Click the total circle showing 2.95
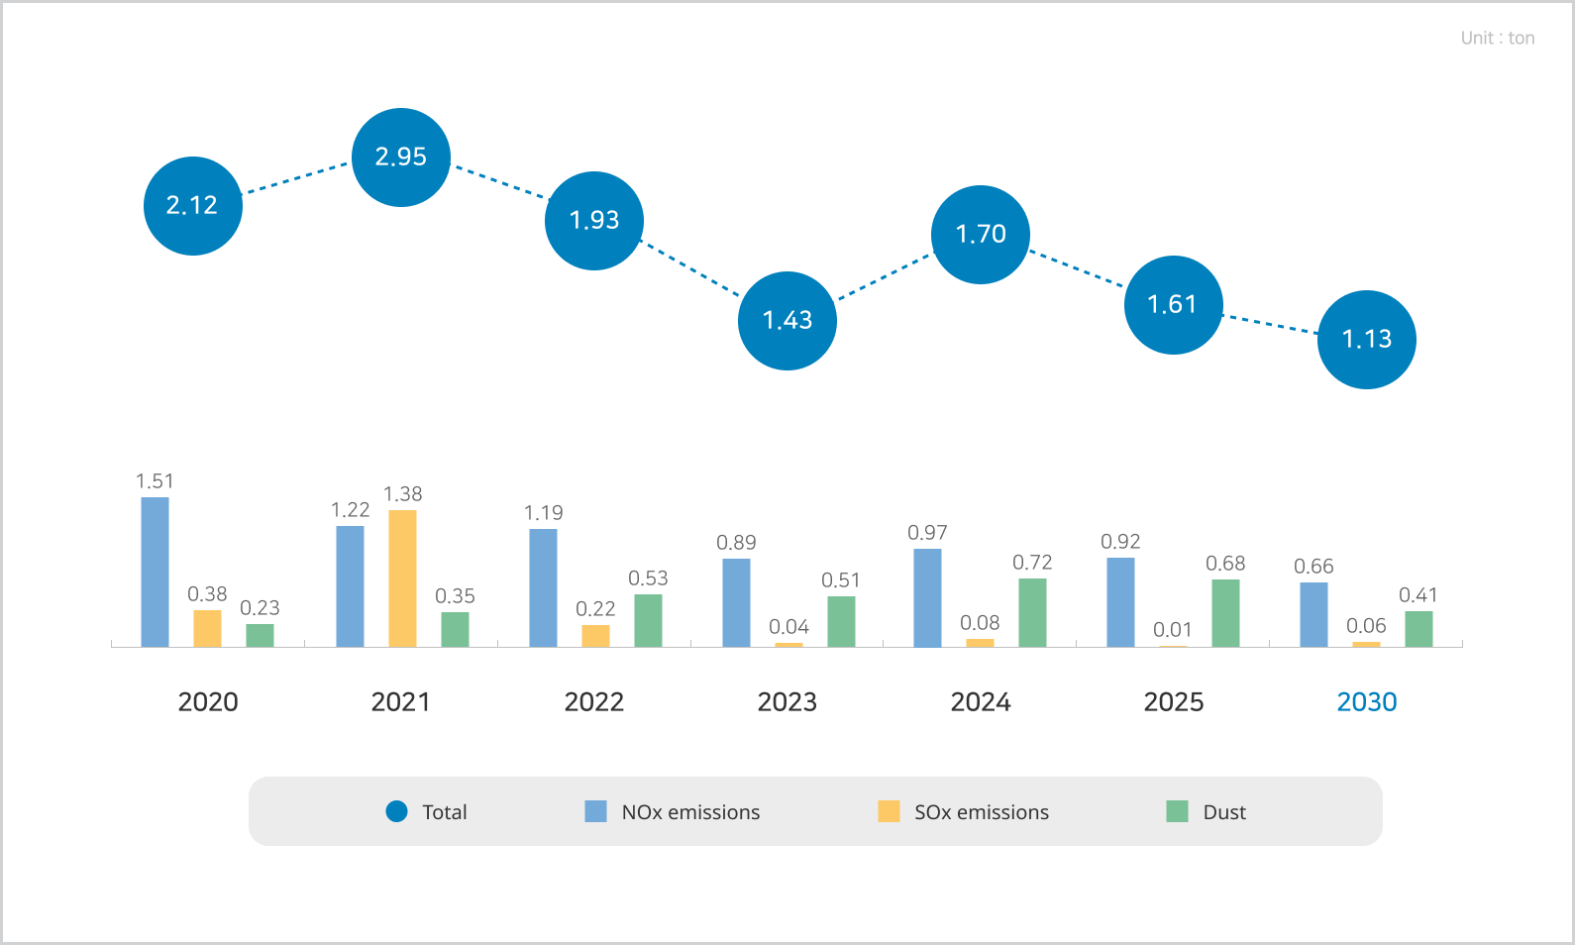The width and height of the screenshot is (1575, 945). click(401, 157)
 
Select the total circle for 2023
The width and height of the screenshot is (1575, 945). click(787, 321)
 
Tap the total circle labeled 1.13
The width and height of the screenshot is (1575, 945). click(1367, 340)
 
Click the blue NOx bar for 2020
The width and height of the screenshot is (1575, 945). click(156, 573)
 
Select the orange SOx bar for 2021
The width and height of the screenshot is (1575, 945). click(402, 578)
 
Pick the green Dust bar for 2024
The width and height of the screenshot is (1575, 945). click(1032, 613)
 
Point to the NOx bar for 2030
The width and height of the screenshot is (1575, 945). click(1313, 615)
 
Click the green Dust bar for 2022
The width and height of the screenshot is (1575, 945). click(648, 621)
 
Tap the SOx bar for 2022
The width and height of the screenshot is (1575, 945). click(595, 636)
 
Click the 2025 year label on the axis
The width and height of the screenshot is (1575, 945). click(1174, 702)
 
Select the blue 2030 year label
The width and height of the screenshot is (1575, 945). click(1367, 702)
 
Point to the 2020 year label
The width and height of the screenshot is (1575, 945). click(208, 702)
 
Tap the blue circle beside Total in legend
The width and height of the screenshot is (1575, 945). click(396, 811)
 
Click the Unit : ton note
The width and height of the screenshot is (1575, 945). click(1498, 39)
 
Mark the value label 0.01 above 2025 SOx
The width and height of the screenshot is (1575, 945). click(1173, 630)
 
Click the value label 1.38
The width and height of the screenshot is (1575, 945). click(402, 494)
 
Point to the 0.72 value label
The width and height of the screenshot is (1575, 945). click(1032, 563)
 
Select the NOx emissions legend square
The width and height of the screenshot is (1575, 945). click(595, 811)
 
